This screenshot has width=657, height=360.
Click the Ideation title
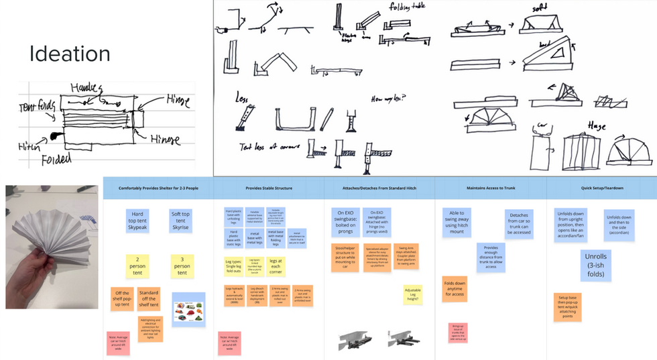pos(70,54)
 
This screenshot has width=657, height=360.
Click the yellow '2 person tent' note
pos(137,264)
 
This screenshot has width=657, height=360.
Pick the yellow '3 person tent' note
pos(182,264)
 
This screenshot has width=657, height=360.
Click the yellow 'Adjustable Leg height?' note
pos(412,294)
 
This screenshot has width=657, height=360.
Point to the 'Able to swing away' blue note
pos(457,222)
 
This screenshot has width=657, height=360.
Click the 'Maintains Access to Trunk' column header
pos(490,188)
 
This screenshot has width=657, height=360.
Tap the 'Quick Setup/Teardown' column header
pos(601,188)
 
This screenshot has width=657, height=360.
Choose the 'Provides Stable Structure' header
pos(268,188)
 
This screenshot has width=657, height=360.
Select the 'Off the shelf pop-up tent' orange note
pos(121,297)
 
